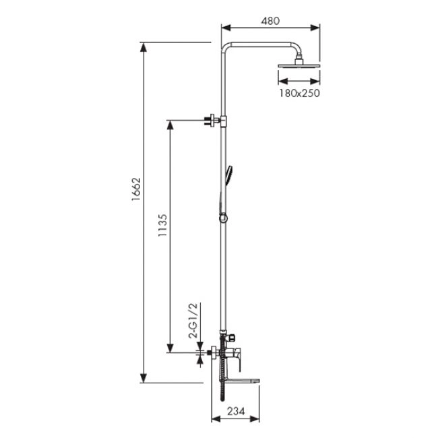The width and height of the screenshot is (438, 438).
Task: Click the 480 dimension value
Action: pos(270,21)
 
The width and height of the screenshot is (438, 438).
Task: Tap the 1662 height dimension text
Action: pos(136,189)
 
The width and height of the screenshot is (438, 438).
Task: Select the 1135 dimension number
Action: pos(162,225)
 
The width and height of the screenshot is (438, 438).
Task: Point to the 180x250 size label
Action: pos(299,93)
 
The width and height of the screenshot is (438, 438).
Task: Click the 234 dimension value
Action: pos(236,411)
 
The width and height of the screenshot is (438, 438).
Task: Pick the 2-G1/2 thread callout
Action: pos(193,320)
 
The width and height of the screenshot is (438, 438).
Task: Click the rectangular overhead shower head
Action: pos(299,66)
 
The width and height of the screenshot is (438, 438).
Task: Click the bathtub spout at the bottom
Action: pos(242,381)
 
